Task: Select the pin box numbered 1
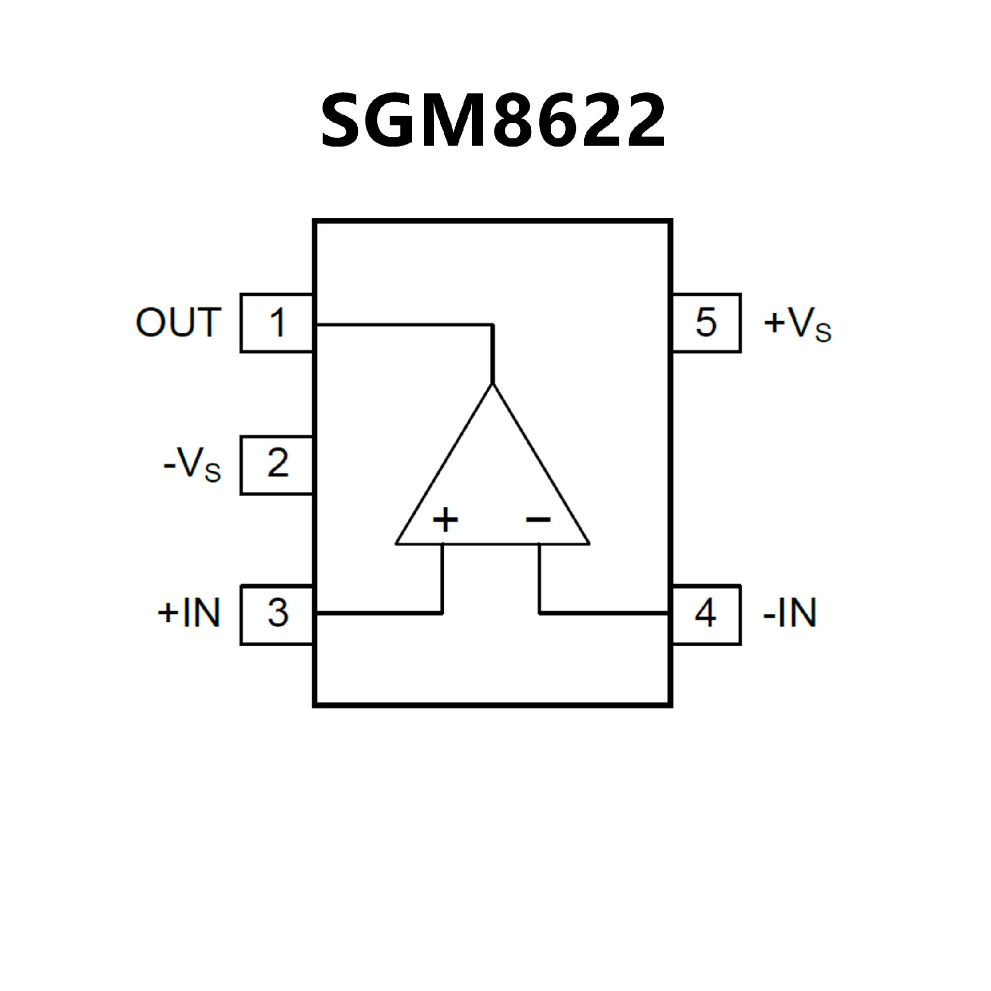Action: tap(277, 323)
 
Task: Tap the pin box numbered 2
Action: tap(277, 465)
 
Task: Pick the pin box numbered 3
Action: tap(277, 614)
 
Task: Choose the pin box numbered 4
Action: tap(706, 614)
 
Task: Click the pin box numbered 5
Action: tap(706, 323)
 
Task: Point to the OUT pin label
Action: tap(179, 323)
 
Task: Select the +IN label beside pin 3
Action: tap(189, 613)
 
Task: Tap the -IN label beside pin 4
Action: tap(790, 613)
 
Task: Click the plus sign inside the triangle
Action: tap(445, 520)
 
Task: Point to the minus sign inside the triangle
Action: tap(538, 519)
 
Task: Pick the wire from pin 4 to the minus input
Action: tap(604, 613)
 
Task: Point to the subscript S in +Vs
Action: tap(823, 333)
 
